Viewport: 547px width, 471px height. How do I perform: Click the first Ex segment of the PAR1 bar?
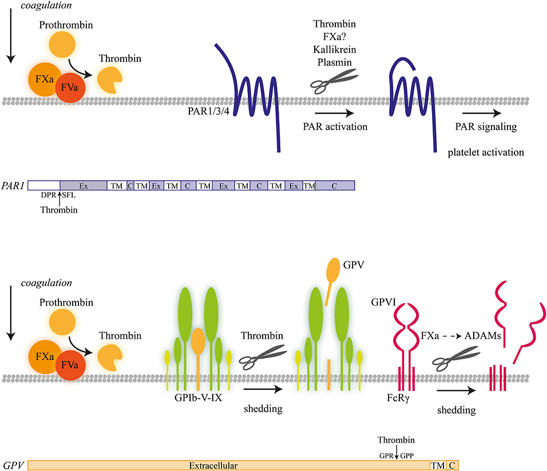click(83, 186)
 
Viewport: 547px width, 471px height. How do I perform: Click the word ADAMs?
click(486, 337)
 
